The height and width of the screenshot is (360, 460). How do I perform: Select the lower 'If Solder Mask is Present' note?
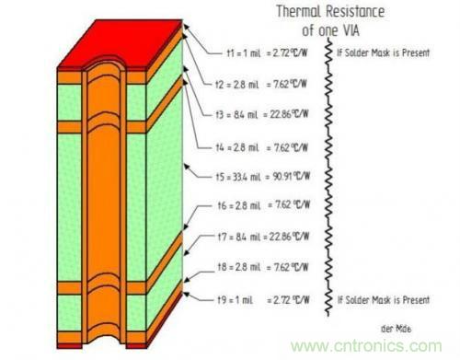click(382, 300)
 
